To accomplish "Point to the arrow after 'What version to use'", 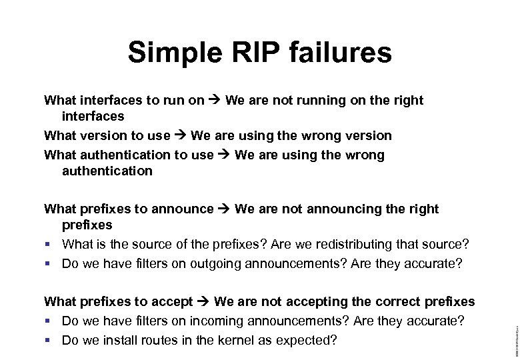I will (x=181, y=136).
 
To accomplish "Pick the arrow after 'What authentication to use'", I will (x=225, y=155).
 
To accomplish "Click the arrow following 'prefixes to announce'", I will (x=225, y=209).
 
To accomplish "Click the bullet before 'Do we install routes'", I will (x=48, y=341).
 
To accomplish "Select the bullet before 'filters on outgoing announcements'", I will (x=48, y=263).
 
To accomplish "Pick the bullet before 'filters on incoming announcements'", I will (x=48, y=322).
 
